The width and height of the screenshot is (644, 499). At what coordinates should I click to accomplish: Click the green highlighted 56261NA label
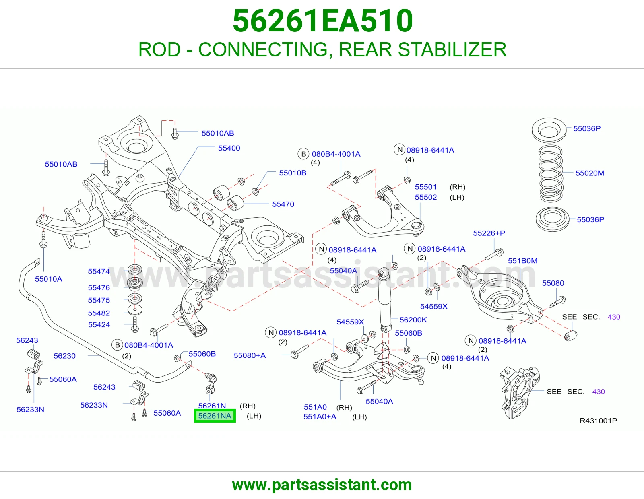215,416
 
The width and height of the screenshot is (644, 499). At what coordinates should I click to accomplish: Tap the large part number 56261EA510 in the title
323,21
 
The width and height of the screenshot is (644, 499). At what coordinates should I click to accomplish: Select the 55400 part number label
229,148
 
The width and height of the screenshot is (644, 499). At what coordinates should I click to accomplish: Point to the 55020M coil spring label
590,173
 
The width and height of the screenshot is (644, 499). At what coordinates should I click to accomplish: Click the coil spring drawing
551,173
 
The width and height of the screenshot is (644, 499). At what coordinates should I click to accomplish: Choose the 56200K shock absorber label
413,320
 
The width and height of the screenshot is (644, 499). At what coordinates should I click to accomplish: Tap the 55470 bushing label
283,204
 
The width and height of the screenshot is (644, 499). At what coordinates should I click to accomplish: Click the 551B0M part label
522,261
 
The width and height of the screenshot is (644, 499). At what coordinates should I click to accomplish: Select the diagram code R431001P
599,421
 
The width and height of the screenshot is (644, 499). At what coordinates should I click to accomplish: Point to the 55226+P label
489,233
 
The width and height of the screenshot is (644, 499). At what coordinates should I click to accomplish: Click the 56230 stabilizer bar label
65,356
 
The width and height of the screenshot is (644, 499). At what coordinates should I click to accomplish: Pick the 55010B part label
293,173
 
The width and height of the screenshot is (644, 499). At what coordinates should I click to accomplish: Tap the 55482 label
99,313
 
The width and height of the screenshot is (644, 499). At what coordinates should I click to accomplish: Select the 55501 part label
425,187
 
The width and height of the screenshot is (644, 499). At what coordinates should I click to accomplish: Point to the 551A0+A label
320,417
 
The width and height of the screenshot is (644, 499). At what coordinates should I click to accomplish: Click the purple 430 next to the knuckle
599,392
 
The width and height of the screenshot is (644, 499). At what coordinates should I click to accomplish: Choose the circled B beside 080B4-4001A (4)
303,154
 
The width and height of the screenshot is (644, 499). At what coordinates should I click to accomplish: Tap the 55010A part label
49,279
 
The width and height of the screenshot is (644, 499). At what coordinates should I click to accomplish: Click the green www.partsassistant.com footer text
322,485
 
